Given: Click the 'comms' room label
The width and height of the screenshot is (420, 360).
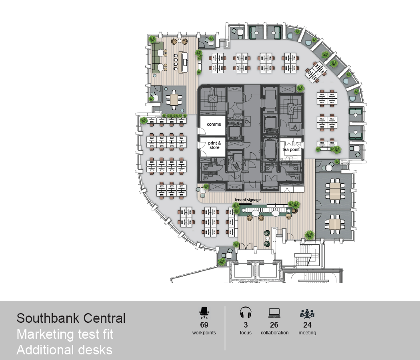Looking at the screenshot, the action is [x=214, y=124].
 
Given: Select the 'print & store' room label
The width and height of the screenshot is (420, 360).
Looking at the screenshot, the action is [x=214, y=145].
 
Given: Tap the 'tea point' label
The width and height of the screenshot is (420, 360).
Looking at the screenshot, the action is [x=291, y=149].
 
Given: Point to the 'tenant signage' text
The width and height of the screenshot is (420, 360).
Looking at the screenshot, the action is [x=248, y=199].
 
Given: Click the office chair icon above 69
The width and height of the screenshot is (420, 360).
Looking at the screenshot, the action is [x=204, y=313].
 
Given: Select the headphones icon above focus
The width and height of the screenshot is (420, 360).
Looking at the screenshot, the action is [x=245, y=313].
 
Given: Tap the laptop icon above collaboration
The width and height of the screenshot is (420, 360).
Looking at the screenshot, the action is [x=274, y=313].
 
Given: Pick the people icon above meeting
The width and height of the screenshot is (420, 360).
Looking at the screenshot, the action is [x=307, y=313].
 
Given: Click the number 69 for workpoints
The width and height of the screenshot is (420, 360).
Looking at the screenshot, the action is [x=204, y=325].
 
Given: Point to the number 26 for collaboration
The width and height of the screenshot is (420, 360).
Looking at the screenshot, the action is [x=274, y=325].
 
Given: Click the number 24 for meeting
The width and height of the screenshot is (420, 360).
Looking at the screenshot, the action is [x=307, y=325].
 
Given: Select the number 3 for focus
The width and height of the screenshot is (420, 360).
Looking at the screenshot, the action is [x=246, y=325].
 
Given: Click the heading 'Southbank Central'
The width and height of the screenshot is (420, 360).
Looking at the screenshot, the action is [x=71, y=318].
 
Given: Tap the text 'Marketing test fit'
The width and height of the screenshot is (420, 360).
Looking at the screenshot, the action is [x=65, y=334].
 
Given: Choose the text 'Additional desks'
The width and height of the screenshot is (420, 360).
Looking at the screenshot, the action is [x=64, y=350].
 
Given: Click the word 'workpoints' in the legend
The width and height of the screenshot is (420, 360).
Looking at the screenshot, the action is [x=204, y=333].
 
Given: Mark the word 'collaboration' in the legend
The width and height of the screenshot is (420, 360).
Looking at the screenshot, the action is [x=274, y=333].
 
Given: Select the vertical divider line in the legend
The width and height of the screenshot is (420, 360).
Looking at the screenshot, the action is [x=225, y=328].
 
